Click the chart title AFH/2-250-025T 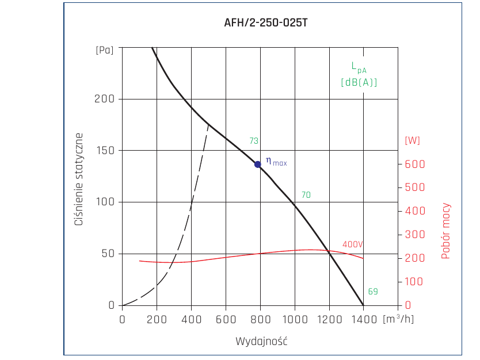pyautogui.click(x=266, y=22)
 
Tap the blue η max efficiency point pyautogui.click(x=258, y=164)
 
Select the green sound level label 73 pyautogui.click(x=254, y=141)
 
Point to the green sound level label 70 pyautogui.click(x=306, y=195)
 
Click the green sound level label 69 pyautogui.click(x=373, y=292)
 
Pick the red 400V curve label pyautogui.click(x=353, y=244)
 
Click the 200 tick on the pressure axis pyautogui.click(x=104, y=99)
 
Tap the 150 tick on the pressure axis pyautogui.click(x=105, y=151)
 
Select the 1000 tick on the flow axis pyautogui.click(x=295, y=320)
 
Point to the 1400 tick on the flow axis pyautogui.click(x=364, y=320)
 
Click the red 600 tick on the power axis pyautogui.click(x=415, y=164)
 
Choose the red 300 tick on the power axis pyautogui.click(x=415, y=235)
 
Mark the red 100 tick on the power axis pyautogui.click(x=414, y=281)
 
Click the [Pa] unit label pyautogui.click(x=105, y=50)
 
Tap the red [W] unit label pyautogui.click(x=412, y=140)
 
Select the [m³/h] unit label pyautogui.click(x=398, y=319)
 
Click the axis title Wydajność pyautogui.click(x=261, y=342)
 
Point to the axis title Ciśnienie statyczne pyautogui.click(x=79, y=179)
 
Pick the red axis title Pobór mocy pyautogui.click(x=445, y=231)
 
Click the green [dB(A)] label pyautogui.click(x=359, y=82)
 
